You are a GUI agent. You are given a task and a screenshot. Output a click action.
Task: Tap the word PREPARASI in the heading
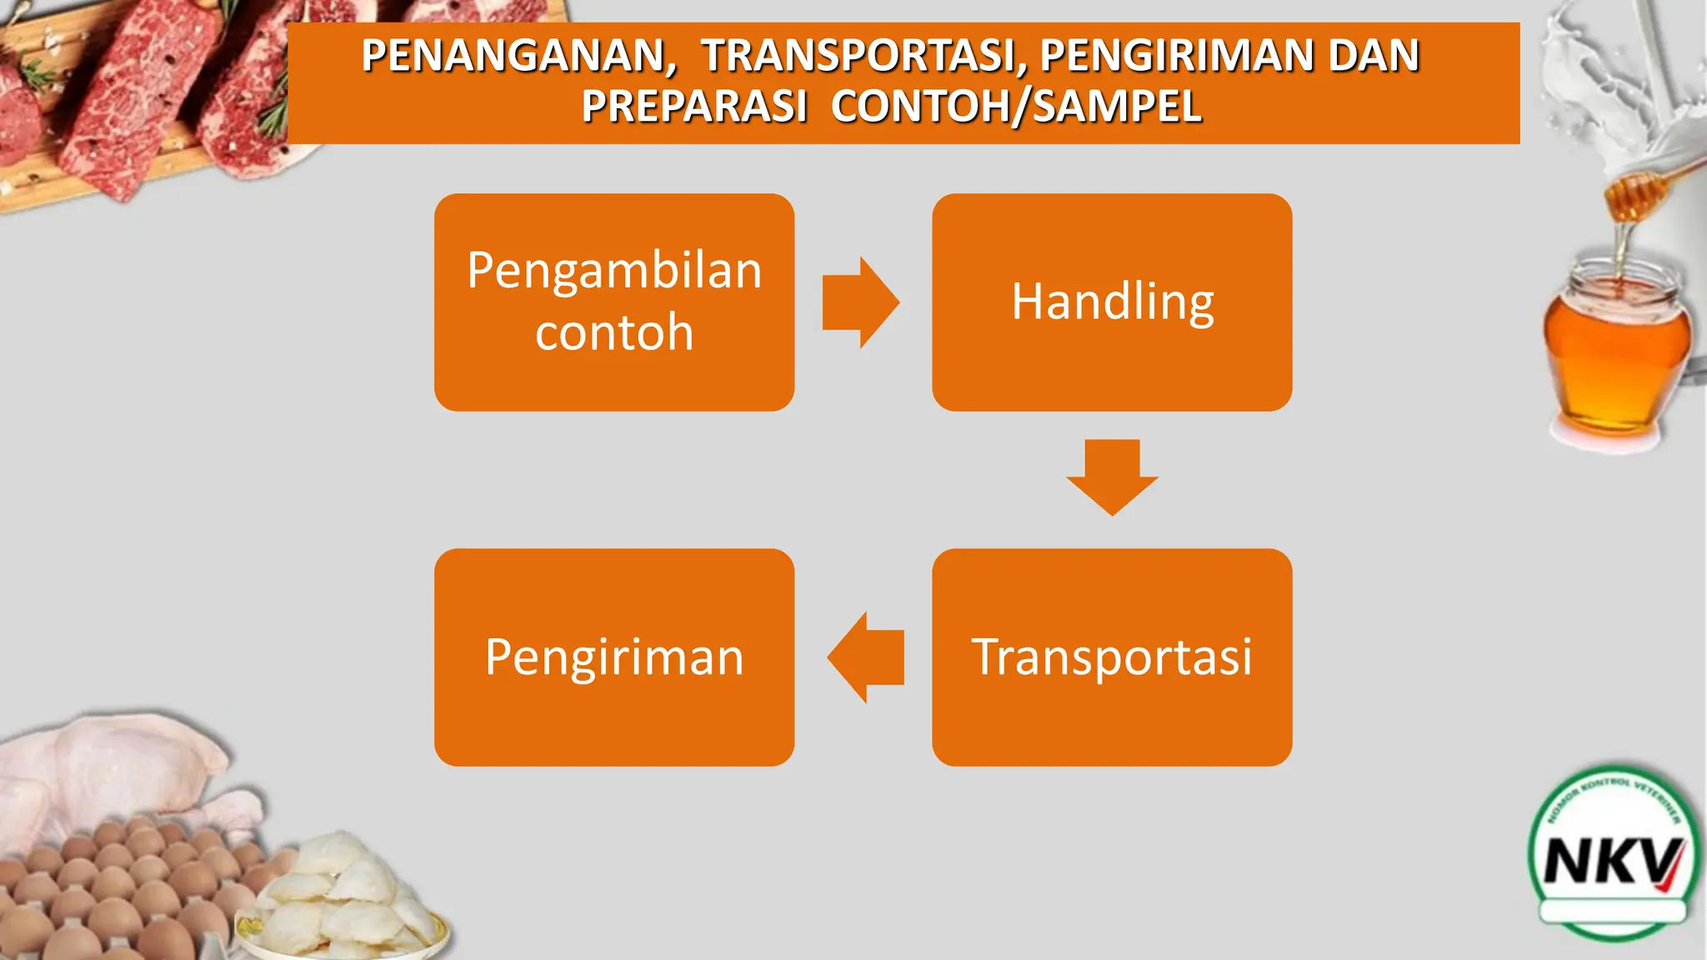(694, 107)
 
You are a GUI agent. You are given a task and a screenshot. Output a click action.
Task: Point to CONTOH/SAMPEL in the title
(1015, 107)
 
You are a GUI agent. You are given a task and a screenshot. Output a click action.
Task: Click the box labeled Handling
(1112, 302)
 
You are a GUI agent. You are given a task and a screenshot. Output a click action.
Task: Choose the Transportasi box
(1112, 657)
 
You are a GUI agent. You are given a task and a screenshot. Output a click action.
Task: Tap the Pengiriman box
(614, 657)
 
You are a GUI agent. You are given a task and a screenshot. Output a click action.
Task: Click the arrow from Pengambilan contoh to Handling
(860, 302)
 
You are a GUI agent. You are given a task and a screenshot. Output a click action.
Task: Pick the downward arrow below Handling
(1112, 477)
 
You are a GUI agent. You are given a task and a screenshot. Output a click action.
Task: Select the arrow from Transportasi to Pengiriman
(866, 657)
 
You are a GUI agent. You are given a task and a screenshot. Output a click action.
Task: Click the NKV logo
(1613, 858)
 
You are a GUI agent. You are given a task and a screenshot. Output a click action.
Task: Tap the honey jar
(1617, 350)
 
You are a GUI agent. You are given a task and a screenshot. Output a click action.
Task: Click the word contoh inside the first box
(614, 332)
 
